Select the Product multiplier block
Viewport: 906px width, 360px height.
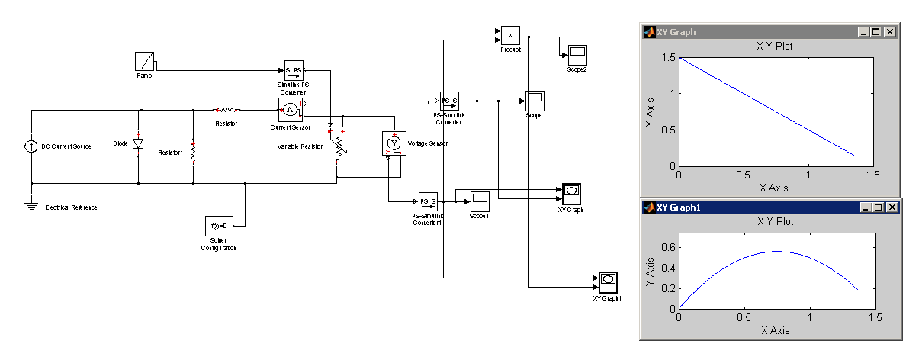[x=510, y=35]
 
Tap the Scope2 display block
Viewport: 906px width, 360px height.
[x=577, y=54]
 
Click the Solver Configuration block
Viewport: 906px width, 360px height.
[x=218, y=226]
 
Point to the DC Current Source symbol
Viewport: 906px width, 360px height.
[x=31, y=145]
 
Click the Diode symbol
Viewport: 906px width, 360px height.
[x=138, y=143]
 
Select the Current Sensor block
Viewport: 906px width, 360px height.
[x=290, y=109]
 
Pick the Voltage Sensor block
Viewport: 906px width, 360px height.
[x=394, y=143]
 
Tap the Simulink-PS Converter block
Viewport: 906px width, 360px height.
[x=294, y=71]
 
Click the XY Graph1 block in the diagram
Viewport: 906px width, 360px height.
[x=608, y=281]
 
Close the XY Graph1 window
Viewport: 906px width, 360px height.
[x=893, y=207]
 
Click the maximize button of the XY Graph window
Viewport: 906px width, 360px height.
[x=878, y=32]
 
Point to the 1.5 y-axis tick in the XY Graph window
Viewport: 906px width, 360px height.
[x=668, y=58]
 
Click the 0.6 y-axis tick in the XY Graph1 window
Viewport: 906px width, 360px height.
[x=668, y=248]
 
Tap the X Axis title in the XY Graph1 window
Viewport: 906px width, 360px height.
[x=774, y=331]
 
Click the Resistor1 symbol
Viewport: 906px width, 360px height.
[x=193, y=152]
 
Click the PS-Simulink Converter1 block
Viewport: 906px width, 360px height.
[x=428, y=201]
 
